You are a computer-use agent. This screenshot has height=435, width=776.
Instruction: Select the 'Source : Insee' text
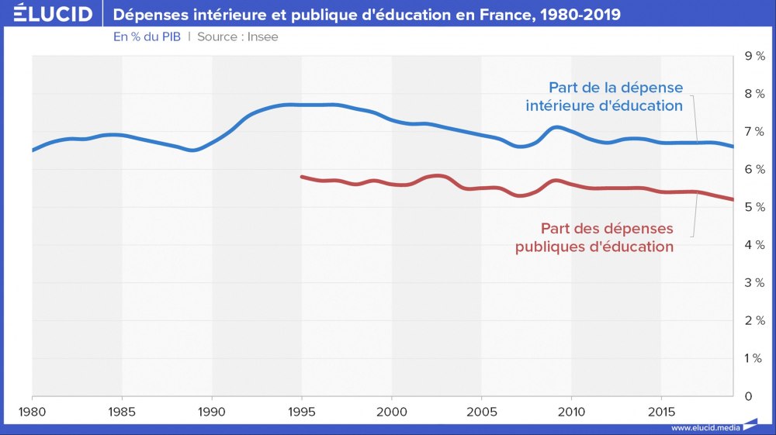[237, 36]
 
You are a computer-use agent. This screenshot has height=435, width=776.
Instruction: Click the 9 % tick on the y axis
[754, 56]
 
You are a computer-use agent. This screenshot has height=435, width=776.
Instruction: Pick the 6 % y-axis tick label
[754, 169]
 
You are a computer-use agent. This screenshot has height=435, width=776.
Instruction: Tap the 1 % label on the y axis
[754, 358]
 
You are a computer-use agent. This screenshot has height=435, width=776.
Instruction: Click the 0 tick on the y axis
[748, 396]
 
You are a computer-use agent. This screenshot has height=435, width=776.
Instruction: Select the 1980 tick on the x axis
[32, 411]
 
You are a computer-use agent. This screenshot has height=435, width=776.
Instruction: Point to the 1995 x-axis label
[302, 411]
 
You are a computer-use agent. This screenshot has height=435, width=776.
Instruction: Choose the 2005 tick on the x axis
[481, 411]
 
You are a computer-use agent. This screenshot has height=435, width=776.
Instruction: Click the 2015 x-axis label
[661, 411]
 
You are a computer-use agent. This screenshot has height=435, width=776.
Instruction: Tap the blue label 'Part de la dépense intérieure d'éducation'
[605, 96]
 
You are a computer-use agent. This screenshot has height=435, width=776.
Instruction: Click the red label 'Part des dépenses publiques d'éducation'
[594, 237]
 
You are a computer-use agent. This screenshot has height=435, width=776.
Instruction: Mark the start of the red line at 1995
[302, 177]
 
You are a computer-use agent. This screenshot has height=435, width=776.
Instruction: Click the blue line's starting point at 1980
[33, 150]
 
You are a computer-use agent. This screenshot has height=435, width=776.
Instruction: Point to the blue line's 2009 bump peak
[555, 127]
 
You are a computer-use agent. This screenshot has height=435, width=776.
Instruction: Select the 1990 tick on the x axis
[212, 411]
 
